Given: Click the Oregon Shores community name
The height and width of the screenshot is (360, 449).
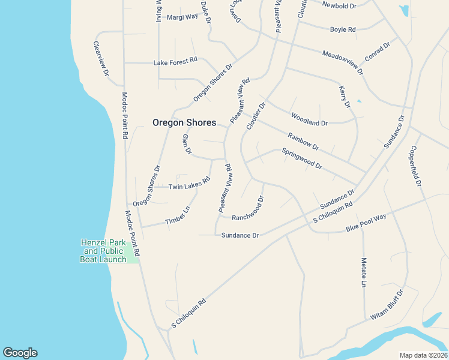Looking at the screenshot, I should point(184,122).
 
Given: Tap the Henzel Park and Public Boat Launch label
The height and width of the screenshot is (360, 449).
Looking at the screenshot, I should point(103,251).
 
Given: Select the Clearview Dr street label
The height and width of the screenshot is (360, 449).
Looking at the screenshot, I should point(101,58).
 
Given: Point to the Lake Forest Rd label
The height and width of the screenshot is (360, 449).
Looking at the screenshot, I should point(175,61).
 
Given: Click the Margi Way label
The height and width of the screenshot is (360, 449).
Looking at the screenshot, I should point(182,17).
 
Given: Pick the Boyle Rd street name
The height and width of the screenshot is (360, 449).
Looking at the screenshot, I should point(343,29).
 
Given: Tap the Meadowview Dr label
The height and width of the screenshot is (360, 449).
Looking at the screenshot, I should point(343,62).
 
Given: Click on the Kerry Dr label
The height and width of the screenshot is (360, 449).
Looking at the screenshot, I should point(345,97).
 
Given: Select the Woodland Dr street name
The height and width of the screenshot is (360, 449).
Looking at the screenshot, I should point(309,119).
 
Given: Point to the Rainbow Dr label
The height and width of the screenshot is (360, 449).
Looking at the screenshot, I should point(303,142).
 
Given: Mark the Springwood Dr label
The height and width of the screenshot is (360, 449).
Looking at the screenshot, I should point(302,158).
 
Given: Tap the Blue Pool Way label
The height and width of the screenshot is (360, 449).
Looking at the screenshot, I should point(366,224).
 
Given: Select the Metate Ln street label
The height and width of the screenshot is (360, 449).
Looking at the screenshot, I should point(364,272).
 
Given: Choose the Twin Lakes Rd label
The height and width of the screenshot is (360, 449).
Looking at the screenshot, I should point(189,184).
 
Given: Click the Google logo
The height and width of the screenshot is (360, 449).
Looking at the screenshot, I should point(20,353).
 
